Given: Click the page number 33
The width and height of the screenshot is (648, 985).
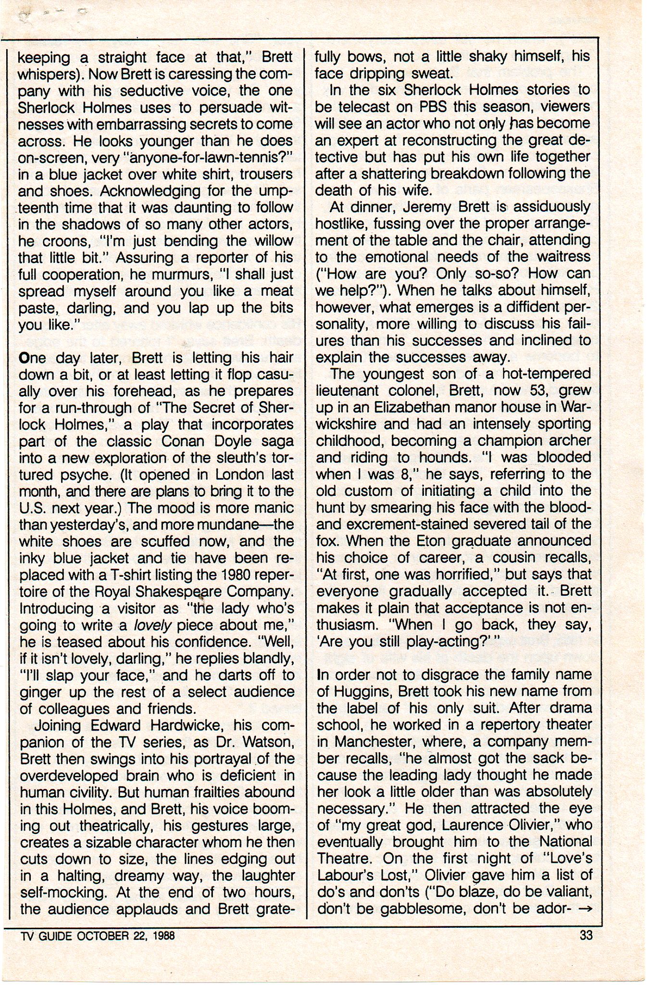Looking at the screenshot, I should pos(586,935).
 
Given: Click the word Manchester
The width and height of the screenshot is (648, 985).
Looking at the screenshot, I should pos(360,741).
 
